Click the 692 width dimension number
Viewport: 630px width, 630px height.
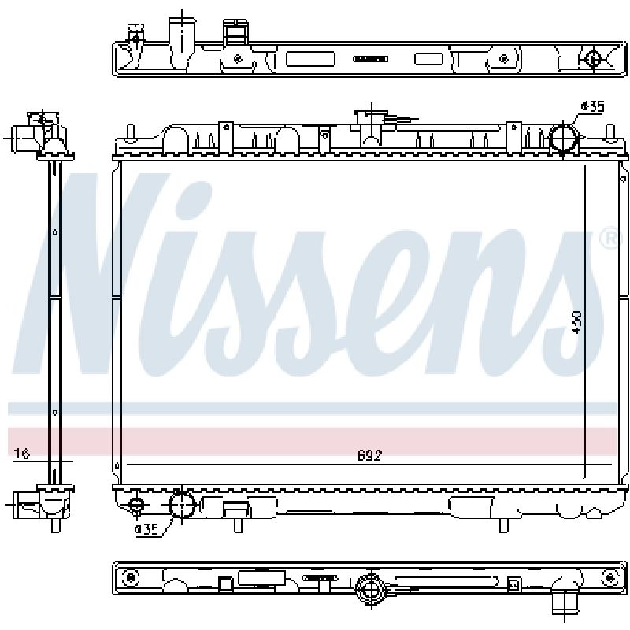pos(369,456)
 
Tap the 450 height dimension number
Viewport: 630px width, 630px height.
pos(576,321)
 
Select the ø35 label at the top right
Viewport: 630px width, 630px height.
pos(592,106)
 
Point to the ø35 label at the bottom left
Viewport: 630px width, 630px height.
pos(146,529)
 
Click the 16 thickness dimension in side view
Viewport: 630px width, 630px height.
pos(22,454)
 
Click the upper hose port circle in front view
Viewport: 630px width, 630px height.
pos(564,137)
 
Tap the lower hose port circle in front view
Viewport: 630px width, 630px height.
pos(182,505)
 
